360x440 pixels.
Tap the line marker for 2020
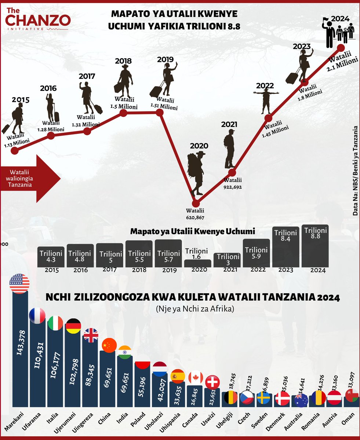click(196, 203)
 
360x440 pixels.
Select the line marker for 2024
click(341, 48)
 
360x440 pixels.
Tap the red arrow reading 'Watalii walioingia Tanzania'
click(30, 178)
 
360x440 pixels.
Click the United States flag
click(19, 283)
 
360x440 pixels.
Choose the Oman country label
click(348, 418)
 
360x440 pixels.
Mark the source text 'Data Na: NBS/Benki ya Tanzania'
click(355, 170)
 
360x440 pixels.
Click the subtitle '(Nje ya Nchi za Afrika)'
click(194, 309)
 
